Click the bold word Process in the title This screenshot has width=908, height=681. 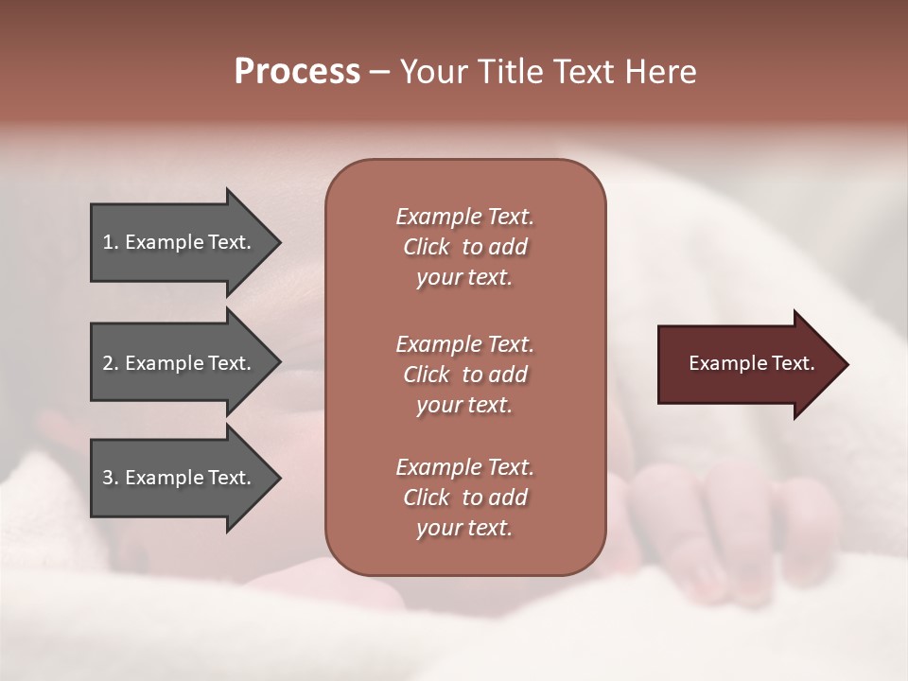[x=297, y=72]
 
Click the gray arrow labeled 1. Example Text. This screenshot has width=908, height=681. [x=180, y=242]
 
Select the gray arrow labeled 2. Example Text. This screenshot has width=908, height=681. [x=180, y=363]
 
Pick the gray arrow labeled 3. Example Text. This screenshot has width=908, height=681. [x=180, y=478]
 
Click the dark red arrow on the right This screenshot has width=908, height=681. [x=747, y=364]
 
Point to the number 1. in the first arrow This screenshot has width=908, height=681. [x=111, y=242]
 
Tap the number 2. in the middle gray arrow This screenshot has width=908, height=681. [x=111, y=363]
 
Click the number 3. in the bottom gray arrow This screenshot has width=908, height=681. [x=111, y=478]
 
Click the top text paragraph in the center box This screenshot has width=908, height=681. [x=464, y=247]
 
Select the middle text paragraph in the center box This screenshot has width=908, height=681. [x=464, y=374]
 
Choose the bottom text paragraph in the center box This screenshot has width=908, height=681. [x=464, y=498]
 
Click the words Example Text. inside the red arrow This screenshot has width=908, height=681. [x=751, y=363]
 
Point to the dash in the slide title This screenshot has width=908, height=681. [x=380, y=72]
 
